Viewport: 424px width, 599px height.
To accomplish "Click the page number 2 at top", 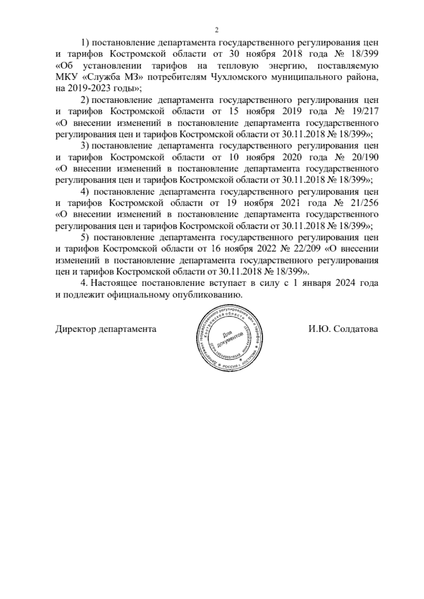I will point(217,30).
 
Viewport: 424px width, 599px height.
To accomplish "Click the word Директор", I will point(75,329).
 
